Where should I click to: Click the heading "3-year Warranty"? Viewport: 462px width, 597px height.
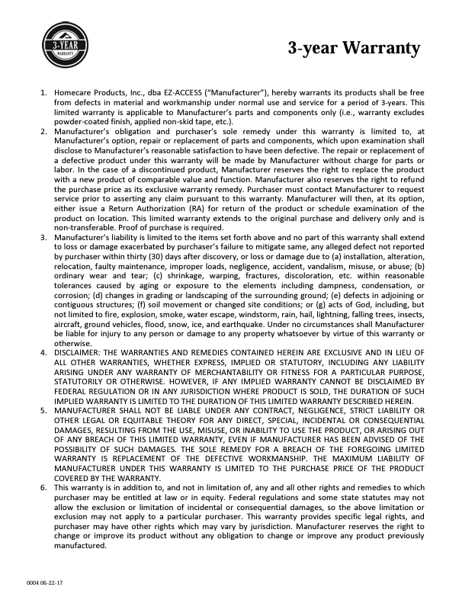pyautogui.click(x=354, y=49)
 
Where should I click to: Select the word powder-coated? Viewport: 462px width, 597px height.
pyautogui.click(x=82, y=120)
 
